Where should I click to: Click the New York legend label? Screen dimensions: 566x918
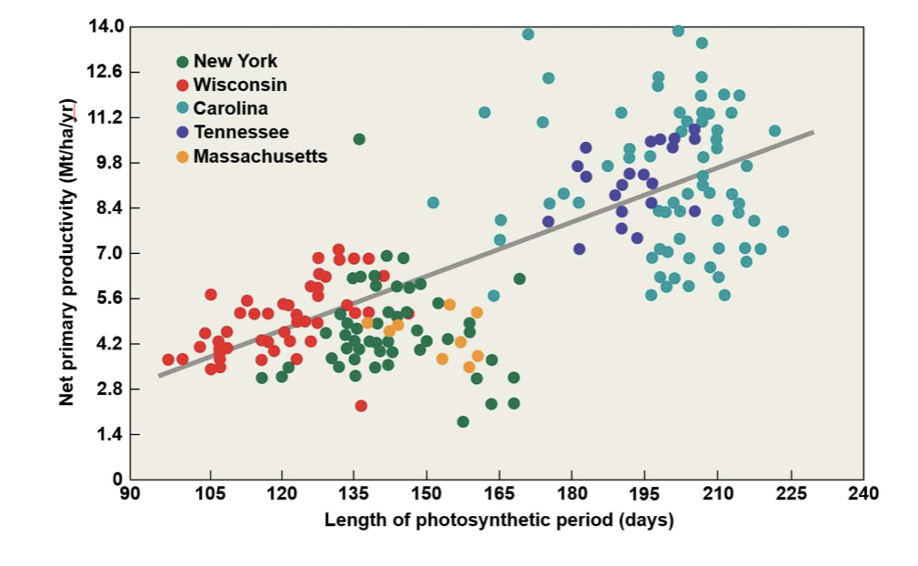tap(235, 62)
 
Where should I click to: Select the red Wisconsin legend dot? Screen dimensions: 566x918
tap(182, 86)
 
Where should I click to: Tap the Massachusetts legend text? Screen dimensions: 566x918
tap(260, 157)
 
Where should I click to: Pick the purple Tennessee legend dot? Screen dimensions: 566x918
tap(182, 133)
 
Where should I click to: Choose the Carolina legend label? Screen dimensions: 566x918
tap(231, 109)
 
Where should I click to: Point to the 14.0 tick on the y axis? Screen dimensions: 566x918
tap(105, 26)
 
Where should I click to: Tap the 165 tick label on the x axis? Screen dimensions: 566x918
tap(499, 494)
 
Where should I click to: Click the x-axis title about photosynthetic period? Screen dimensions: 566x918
tap(499, 521)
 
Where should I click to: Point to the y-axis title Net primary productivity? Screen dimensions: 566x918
tap(67, 251)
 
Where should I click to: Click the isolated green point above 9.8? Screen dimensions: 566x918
tap(359, 139)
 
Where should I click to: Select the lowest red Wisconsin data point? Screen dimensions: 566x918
tap(361, 406)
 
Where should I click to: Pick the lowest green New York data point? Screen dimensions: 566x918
tap(463, 421)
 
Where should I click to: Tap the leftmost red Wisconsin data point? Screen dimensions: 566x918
tap(168, 359)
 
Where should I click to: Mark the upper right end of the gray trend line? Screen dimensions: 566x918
tap(812, 133)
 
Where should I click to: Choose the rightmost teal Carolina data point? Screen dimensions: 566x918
tap(783, 231)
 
